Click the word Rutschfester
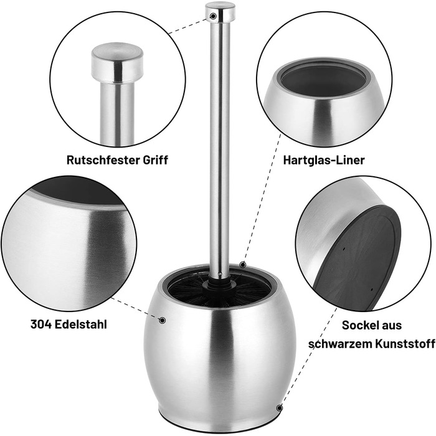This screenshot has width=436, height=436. point(103,160)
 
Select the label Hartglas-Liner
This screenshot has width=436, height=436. point(324,161)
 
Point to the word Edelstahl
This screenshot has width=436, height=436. point(80,325)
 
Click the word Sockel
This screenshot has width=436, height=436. point(359,325)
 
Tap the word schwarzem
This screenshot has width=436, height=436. point(340,344)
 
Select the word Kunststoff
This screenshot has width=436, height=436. point(405,344)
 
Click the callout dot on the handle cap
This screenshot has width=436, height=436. point(213,16)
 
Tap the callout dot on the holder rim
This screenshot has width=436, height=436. point(243,264)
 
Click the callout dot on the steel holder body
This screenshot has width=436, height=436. point(163,320)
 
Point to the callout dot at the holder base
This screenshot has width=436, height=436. point(280,408)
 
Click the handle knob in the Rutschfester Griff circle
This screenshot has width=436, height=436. point(117,63)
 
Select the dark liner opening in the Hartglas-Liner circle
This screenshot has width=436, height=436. point(323,79)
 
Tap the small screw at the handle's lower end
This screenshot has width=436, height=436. point(220,273)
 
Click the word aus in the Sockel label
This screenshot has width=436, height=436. point(391,325)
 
